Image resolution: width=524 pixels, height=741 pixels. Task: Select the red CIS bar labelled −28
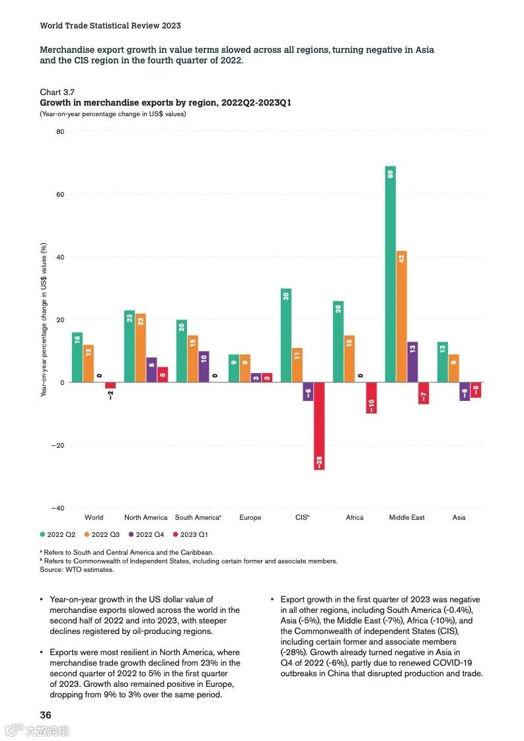319,426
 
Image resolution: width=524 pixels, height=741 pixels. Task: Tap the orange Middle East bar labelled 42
402,316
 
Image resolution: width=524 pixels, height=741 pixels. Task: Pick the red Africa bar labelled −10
371,398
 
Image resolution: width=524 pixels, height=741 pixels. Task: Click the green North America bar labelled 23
129,346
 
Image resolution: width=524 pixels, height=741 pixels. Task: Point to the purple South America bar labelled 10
204,367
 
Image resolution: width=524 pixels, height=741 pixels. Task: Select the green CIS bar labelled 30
286,335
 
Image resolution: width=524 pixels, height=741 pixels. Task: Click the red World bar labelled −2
110,386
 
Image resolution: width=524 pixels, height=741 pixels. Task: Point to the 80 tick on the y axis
60,131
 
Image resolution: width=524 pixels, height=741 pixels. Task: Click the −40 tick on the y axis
57,508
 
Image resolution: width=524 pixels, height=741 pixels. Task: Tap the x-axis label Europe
250,518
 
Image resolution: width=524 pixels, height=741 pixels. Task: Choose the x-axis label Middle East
407,518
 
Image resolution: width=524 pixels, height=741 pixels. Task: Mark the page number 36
46,715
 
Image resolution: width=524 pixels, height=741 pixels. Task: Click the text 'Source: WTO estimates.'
77,569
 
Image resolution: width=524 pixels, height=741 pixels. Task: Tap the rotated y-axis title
44,320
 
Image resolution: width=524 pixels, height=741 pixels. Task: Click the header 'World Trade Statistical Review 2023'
110,26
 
